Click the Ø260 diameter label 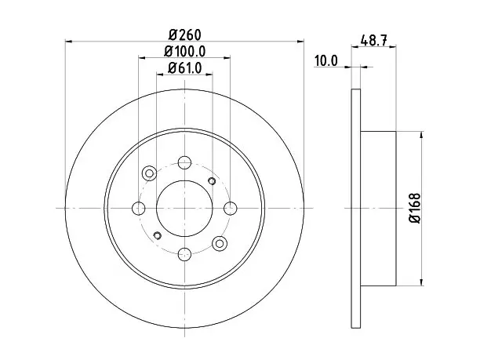(x=185, y=35)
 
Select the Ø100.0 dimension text (x=184, y=52)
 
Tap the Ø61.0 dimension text (x=185, y=68)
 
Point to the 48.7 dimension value (x=374, y=41)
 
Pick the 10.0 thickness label (x=326, y=61)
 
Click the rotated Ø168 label (x=416, y=208)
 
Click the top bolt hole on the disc (x=184, y=162)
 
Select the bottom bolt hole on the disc (x=184, y=254)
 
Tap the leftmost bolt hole (x=138, y=209)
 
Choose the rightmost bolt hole (x=231, y=209)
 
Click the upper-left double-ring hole (x=149, y=173)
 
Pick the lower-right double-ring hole (x=220, y=244)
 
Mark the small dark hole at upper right (x=212, y=181)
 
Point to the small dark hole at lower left (x=158, y=235)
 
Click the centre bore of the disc (x=184, y=209)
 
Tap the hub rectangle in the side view (x=378, y=209)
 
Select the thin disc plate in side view (x=356, y=209)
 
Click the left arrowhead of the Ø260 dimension (x=69, y=41)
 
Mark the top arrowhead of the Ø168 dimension (x=422, y=135)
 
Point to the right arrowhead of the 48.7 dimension (x=393, y=47)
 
